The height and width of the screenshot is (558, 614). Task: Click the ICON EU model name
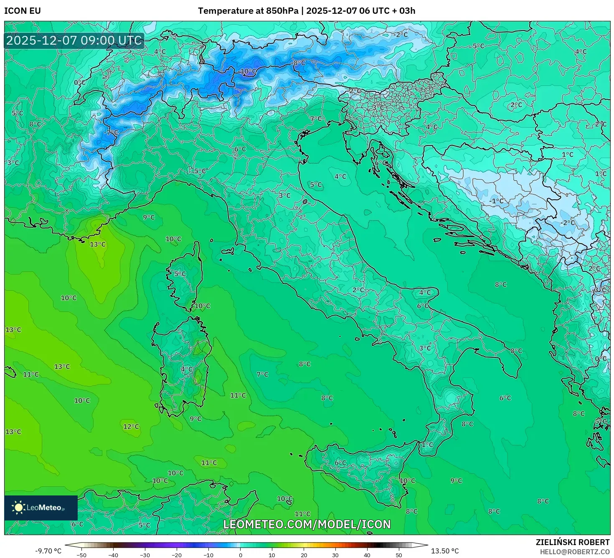point(23,11)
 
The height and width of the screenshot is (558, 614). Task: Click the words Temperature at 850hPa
point(248,11)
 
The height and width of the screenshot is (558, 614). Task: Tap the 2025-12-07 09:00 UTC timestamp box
point(74,41)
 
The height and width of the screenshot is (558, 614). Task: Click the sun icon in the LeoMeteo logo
point(18,508)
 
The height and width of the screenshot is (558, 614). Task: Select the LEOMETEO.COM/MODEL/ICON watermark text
point(307,525)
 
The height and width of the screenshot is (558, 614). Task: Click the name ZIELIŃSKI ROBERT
point(573,542)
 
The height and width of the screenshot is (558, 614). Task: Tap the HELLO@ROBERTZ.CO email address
point(575,552)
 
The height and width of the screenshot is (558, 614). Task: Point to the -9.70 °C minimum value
point(48,551)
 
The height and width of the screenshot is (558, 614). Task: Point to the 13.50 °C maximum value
point(445,551)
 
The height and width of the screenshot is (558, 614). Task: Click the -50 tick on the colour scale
point(81,555)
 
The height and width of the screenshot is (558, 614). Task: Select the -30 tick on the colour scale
point(145,555)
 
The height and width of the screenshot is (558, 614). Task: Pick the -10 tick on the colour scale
point(208,555)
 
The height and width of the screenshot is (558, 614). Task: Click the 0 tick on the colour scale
point(240,555)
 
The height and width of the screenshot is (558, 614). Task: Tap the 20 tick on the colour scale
point(304,555)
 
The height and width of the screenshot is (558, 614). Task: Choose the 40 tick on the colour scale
point(367,555)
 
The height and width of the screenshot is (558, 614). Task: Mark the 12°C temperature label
point(131,427)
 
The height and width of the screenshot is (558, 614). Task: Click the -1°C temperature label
point(497,201)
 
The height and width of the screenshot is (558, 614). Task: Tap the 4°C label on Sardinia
point(187,369)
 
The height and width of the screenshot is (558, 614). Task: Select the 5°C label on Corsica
point(180,274)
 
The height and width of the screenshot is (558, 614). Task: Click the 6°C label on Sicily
point(340,462)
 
